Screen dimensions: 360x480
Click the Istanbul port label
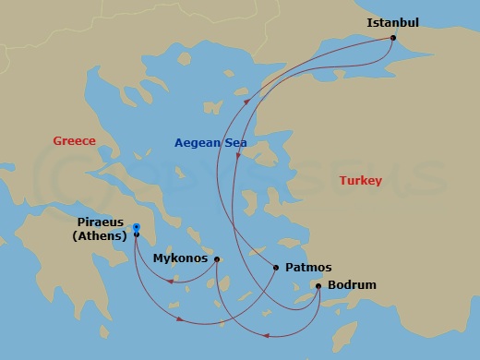pyautogui.click(x=392, y=22)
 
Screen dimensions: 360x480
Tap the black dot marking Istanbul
pyautogui.click(x=393, y=38)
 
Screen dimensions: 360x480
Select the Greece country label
pyautogui.click(x=74, y=141)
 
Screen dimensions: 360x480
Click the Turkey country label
pyautogui.click(x=360, y=181)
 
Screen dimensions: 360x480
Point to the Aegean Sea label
pyautogui.click(x=210, y=143)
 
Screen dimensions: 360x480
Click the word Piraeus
pyautogui.click(x=100, y=222)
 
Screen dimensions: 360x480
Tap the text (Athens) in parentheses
pyautogui.click(x=100, y=235)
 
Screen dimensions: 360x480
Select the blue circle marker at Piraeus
pyautogui.click(x=136, y=227)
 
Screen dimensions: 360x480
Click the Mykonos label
pyautogui.click(x=180, y=259)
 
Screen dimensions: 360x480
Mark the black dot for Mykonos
pyautogui.click(x=217, y=259)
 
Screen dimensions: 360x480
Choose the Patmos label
pyautogui.click(x=308, y=268)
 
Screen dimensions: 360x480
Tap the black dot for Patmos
pyautogui.click(x=276, y=268)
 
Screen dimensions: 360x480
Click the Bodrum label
pyautogui.click(x=352, y=286)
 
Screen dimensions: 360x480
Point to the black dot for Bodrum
pyautogui.click(x=318, y=286)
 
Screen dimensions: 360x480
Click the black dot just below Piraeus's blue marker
pyautogui.click(x=136, y=235)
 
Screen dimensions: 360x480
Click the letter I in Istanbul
pyautogui.click(x=369, y=22)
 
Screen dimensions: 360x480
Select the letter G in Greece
pyautogui.click(x=57, y=141)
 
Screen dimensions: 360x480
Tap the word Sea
pyautogui.click(x=235, y=143)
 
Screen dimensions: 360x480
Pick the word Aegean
pyautogui.click(x=198, y=143)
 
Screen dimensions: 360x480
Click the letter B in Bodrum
pyautogui.click(x=332, y=286)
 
